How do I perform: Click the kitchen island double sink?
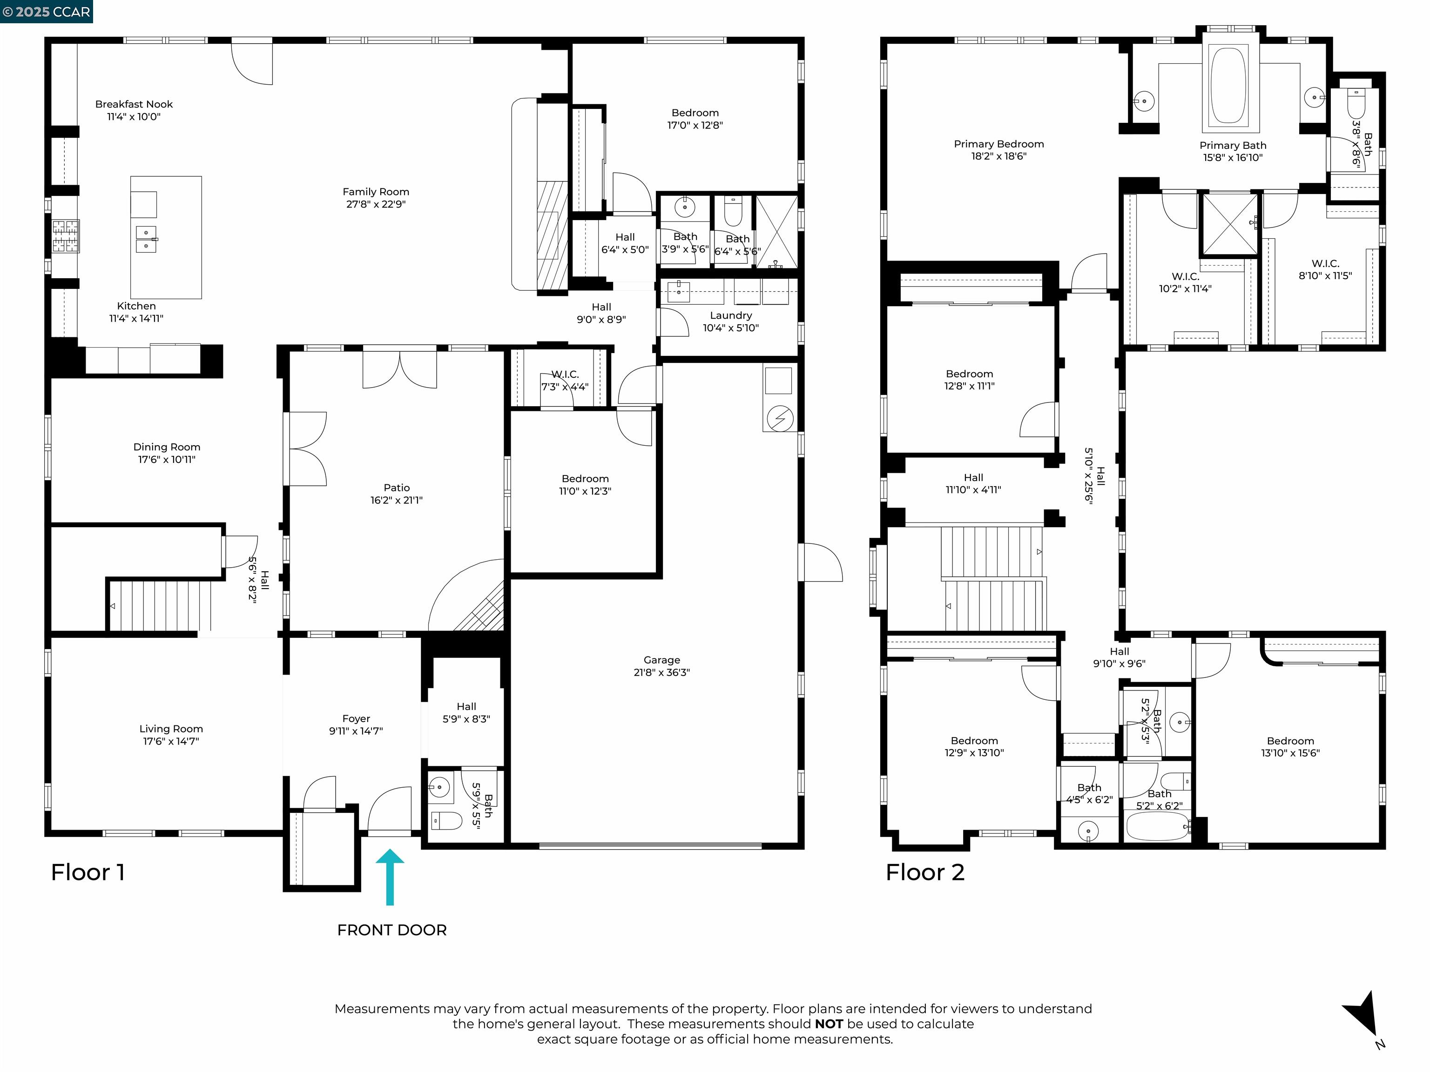(146, 238)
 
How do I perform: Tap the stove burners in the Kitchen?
(65, 236)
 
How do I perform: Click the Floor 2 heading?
(924, 872)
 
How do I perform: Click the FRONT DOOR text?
(392, 930)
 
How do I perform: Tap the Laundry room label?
(730, 315)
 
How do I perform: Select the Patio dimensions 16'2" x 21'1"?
(396, 500)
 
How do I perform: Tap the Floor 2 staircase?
(992, 578)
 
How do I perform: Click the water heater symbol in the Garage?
(780, 418)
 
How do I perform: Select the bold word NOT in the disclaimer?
(829, 1024)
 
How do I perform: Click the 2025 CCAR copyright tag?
(46, 12)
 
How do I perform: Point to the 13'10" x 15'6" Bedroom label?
(1290, 747)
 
